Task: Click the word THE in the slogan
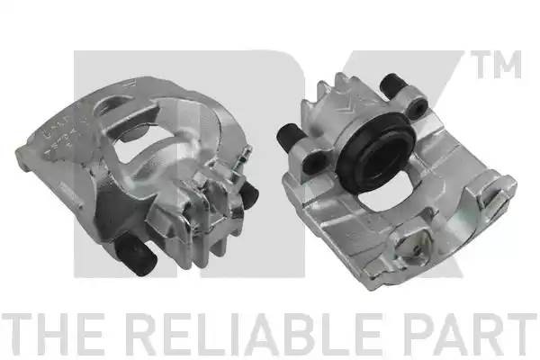52,335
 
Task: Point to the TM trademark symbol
496,65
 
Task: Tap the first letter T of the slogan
17,335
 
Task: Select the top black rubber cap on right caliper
391,85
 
